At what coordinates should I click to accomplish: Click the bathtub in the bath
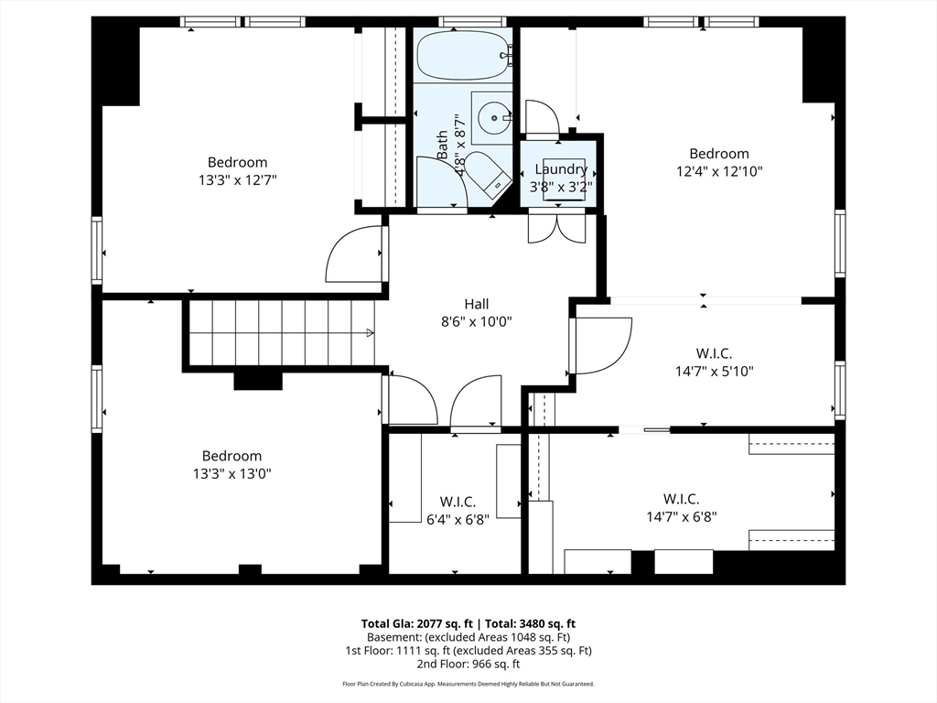(462, 56)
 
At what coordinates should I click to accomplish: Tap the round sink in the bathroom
(494, 117)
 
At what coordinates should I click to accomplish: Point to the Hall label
(476, 304)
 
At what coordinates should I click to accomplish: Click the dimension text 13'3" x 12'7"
(237, 180)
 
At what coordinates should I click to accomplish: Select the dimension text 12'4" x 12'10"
(719, 171)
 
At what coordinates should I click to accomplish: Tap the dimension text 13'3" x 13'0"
(232, 473)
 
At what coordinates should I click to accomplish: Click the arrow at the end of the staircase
(371, 332)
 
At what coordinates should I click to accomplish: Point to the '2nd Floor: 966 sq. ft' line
(468, 664)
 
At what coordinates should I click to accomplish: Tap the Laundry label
(561, 169)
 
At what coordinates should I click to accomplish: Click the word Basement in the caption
(393, 637)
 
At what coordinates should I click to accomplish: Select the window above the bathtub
(472, 21)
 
